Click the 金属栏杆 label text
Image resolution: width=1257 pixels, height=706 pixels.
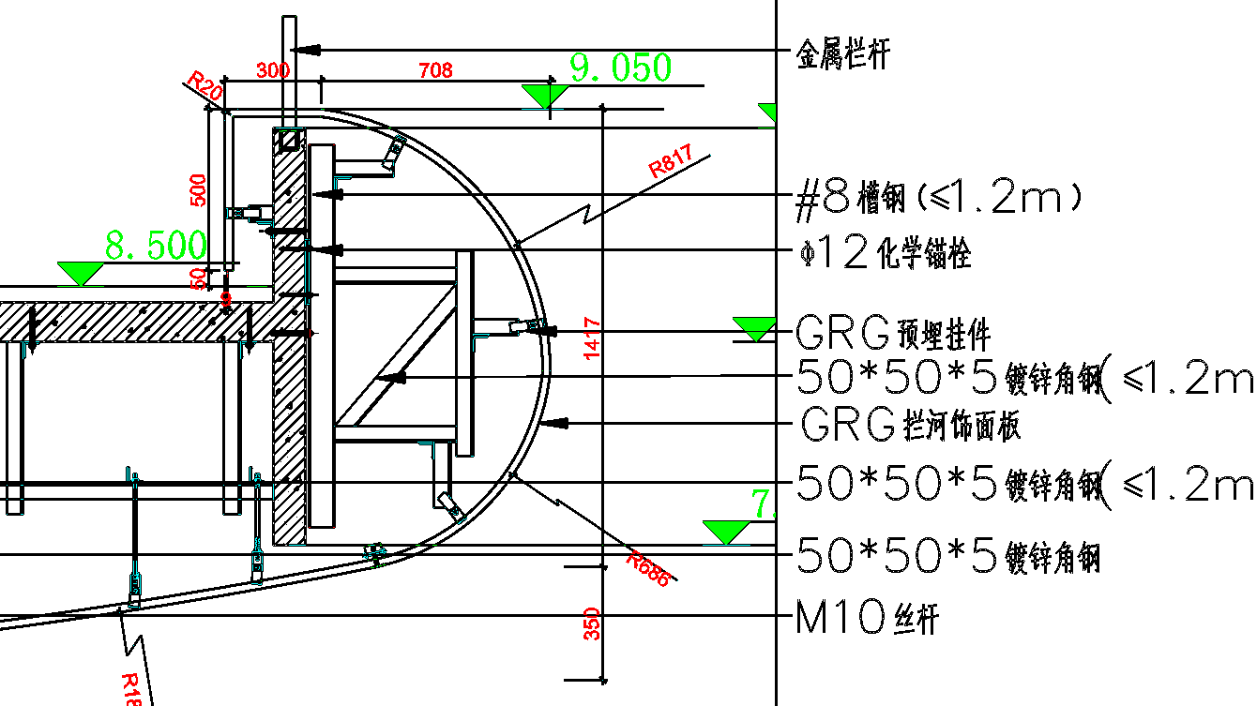pyautogui.click(x=841, y=53)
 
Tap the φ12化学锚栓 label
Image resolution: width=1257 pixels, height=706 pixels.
pyautogui.click(x=883, y=253)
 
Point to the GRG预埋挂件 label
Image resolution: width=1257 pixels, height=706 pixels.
pyautogui.click(x=892, y=332)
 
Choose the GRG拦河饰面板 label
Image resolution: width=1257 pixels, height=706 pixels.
pyautogui.click(x=911, y=426)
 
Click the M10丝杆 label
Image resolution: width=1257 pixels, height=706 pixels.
pyautogui.click(x=866, y=618)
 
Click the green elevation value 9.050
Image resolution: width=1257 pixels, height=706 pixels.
pyautogui.click(x=620, y=68)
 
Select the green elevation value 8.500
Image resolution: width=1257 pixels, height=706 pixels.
pyautogui.click(x=155, y=246)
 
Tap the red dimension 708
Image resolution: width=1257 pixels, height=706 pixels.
pyautogui.click(x=435, y=70)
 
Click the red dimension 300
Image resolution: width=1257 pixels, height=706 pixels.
pyautogui.click(x=273, y=70)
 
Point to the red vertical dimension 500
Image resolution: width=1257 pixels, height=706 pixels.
pyautogui.click(x=197, y=190)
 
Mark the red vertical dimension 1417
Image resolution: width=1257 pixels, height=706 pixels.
pyautogui.click(x=592, y=338)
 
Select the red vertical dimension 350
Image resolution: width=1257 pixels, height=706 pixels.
pyautogui.click(x=592, y=623)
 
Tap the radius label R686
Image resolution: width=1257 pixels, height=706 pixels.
pyautogui.click(x=649, y=569)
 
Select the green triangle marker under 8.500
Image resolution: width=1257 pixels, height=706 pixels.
pyautogui.click(x=80, y=273)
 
